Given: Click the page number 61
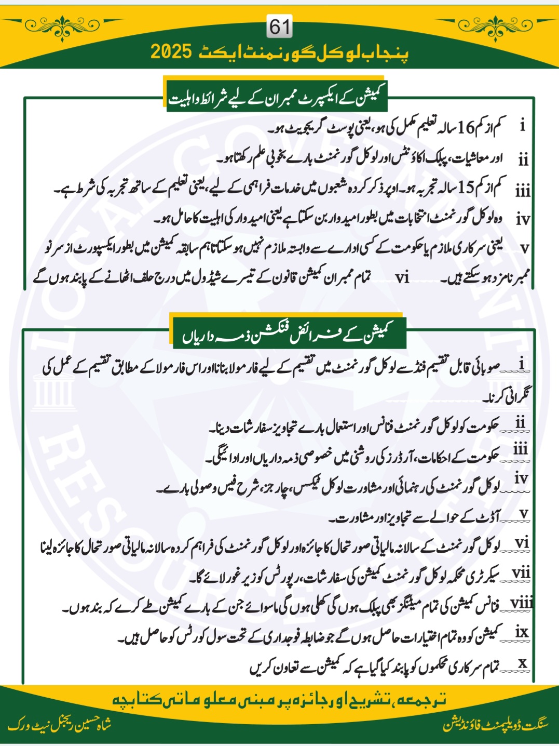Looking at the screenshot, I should pyautogui.click(x=280, y=26).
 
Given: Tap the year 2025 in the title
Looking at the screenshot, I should pyautogui.click(x=171, y=52).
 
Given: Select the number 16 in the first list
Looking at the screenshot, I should pyautogui.click(x=465, y=127).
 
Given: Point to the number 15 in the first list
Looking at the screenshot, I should pyautogui.click(x=465, y=187).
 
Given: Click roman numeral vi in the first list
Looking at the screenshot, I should pyautogui.click(x=402, y=277).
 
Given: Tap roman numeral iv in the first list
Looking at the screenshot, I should pyautogui.click(x=523, y=219).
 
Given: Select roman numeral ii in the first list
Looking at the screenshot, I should pyautogui.click(x=523, y=159).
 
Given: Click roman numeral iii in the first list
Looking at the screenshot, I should pyautogui.click(x=523, y=191).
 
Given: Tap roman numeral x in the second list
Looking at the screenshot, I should pyautogui.click(x=523, y=662).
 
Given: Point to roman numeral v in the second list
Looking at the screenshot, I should pyautogui.click(x=524, y=513).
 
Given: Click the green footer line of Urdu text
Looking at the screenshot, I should pyautogui.click(x=279, y=700).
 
